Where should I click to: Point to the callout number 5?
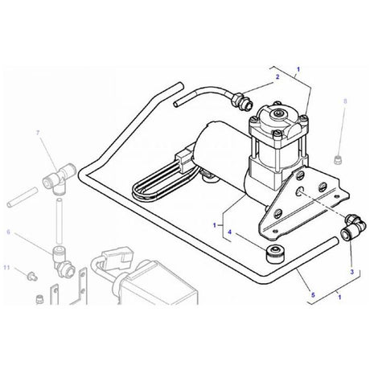click(x=312, y=295)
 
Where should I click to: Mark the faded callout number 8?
click(x=344, y=101)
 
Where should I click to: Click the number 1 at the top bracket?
click(x=299, y=70)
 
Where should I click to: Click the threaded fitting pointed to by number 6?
click(x=60, y=258)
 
